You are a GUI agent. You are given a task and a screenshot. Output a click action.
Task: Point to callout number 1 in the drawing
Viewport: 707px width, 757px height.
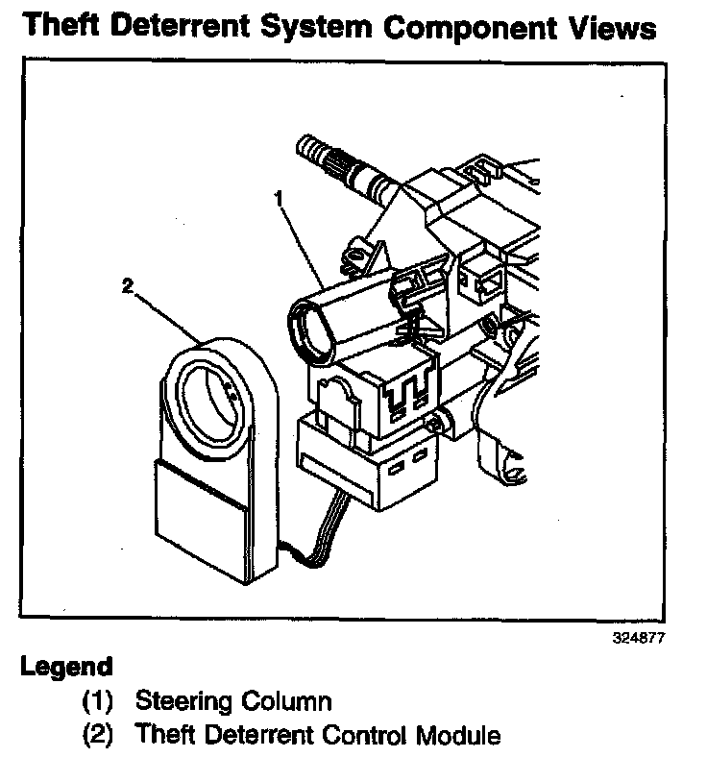coord(277,199)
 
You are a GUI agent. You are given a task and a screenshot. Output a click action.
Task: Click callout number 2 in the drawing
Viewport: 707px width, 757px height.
coord(125,284)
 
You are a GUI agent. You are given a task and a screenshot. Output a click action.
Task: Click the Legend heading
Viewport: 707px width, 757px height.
coord(66,666)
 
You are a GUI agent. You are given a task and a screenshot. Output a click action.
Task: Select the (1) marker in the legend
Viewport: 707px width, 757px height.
coord(97,700)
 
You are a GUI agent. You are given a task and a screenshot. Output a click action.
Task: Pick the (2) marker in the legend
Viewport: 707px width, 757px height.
coord(97,736)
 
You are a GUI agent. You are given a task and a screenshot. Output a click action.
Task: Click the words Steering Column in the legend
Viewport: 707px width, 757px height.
coord(233,700)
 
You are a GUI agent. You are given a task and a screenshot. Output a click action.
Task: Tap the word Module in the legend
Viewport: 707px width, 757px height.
coord(457,736)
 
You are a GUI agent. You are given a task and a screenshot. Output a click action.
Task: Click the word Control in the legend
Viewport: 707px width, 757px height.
coord(366,736)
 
